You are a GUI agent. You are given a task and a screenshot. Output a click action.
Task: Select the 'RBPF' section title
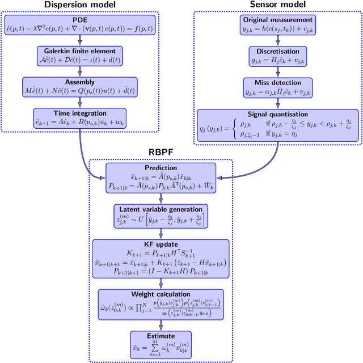pos(161,152)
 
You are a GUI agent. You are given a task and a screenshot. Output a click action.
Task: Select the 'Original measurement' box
pos(278,26)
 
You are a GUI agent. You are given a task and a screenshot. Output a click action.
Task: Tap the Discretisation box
pos(278,56)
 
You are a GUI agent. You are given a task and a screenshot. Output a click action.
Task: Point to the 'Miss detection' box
pos(278,87)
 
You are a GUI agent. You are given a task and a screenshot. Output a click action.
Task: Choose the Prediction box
pos(161,178)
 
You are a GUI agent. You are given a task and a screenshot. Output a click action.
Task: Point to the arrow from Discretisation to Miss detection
pos(278,72)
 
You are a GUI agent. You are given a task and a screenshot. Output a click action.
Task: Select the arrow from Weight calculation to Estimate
pos(161,326)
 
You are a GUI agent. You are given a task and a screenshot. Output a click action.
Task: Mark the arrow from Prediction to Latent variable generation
pos(161,198)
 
